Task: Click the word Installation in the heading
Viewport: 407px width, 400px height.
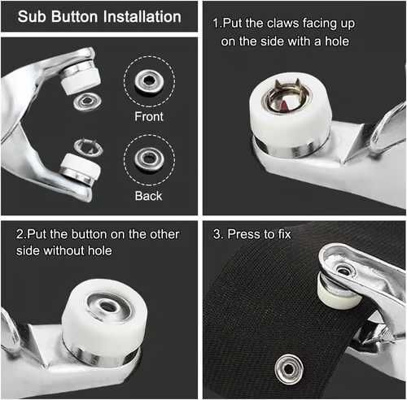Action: tap(142, 16)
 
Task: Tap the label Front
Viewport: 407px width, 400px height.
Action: tap(149, 116)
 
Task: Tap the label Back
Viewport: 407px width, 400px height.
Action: tap(148, 196)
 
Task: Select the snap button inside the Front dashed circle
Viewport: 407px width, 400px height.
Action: tap(149, 80)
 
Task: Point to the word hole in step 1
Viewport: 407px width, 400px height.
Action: tap(337, 41)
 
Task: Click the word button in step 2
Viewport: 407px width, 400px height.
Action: tap(90, 234)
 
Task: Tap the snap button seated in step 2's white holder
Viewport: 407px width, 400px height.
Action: tap(109, 307)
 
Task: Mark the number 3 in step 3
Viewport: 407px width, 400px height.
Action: tap(217, 234)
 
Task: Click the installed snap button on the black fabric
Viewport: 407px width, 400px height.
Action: tap(289, 369)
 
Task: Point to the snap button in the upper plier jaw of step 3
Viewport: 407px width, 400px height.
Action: tap(343, 269)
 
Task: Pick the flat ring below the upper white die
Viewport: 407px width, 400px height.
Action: tap(87, 102)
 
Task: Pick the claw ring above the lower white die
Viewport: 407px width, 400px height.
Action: tap(88, 147)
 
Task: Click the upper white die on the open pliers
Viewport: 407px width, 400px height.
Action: tap(80, 78)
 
